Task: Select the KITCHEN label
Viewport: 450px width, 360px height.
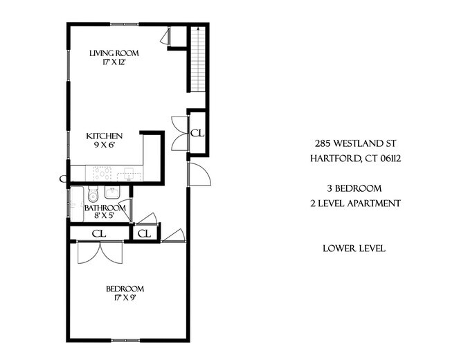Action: point(105,136)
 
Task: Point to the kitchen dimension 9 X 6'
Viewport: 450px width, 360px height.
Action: point(105,147)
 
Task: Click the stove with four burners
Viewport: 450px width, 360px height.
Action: point(102,173)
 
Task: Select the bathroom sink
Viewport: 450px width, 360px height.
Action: point(114,194)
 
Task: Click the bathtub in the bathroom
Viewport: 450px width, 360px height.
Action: point(75,201)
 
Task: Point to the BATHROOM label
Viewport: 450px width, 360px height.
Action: point(105,208)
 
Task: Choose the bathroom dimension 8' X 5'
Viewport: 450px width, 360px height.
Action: point(105,216)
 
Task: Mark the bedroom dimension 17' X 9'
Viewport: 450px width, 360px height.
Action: point(125,299)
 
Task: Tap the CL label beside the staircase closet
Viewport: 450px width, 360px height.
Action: point(196,132)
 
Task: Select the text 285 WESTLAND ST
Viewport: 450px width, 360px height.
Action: point(354,144)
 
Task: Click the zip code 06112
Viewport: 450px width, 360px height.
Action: point(388,159)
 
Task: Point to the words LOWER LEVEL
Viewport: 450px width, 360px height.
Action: point(354,249)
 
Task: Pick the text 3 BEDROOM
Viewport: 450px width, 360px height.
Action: point(354,188)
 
